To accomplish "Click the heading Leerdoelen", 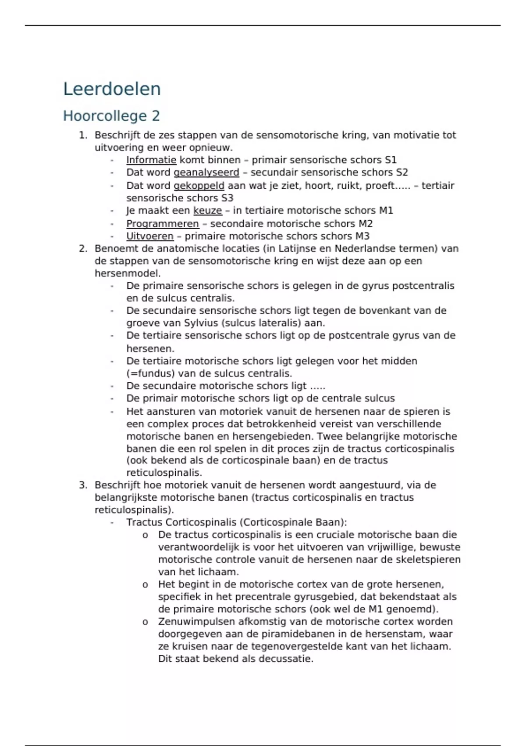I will point(112,89).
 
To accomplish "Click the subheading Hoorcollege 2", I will point(111,116).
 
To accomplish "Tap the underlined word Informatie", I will point(151,160).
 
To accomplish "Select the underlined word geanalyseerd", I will point(206,172).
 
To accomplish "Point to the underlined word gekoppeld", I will point(199,186).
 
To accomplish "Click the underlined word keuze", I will point(208,211).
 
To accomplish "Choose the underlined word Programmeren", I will point(163,224).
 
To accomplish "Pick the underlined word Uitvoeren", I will point(150,237).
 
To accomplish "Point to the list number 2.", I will point(83,249).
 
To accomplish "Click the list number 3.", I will point(83,485).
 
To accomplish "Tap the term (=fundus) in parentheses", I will point(148,374).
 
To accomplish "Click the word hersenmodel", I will point(127,273).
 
